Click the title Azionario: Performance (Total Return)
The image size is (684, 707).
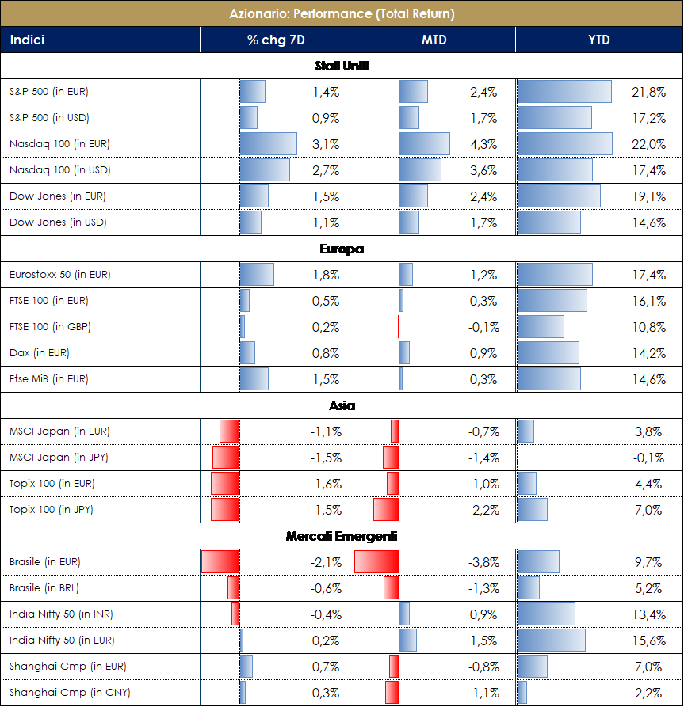click(x=342, y=13)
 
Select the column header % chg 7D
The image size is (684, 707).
click(x=276, y=40)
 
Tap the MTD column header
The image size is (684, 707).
click(x=434, y=40)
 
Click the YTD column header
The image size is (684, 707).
click(x=599, y=40)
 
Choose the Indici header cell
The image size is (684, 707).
click(x=27, y=40)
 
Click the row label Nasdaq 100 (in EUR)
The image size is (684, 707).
click(x=59, y=144)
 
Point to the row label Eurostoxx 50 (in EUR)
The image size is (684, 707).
click(x=60, y=275)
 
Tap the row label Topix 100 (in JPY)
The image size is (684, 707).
click(x=52, y=510)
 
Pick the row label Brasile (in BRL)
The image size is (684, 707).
click(x=44, y=588)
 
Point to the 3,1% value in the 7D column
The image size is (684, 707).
click(x=326, y=144)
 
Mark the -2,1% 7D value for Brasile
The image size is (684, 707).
click(x=324, y=562)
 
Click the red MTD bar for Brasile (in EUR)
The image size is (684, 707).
click(x=376, y=562)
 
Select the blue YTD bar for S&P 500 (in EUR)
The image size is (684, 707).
click(x=564, y=92)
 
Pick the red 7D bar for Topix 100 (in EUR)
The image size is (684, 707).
click(x=225, y=484)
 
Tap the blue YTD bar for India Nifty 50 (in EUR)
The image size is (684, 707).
click(x=551, y=640)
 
